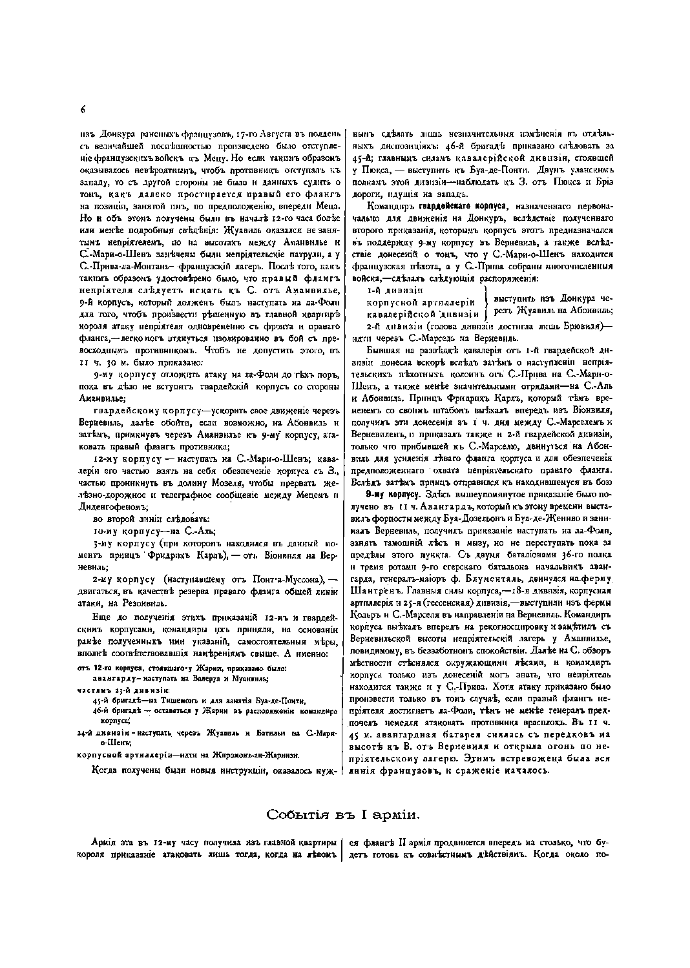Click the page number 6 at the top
pos(83,108)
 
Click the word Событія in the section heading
pos(294,815)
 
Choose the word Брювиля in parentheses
pos(581,325)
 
